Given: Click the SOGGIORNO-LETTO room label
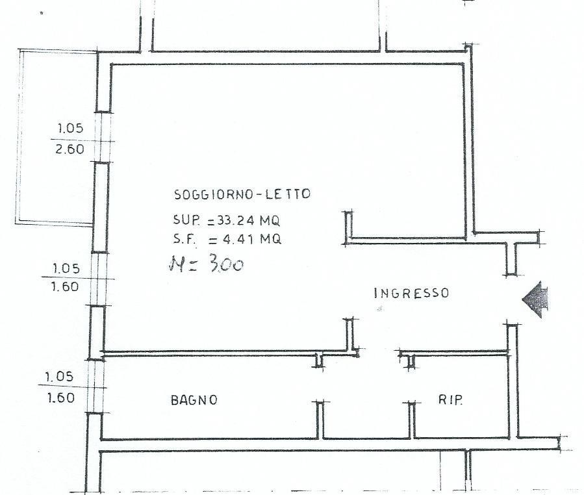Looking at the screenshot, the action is pos(242,194).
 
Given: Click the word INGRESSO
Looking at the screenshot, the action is pos(412,293).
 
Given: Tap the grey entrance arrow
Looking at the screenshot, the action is pos(535,299).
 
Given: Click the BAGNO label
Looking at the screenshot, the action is pos(194,400).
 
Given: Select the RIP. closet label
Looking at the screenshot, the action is pos(450,400).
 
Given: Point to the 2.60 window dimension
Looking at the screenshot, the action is pos(70,149).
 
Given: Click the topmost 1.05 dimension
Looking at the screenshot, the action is pos(70,128).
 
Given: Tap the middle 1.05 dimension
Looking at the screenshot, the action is pos(66,268).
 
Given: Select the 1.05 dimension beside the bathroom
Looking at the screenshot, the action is pos(60,377).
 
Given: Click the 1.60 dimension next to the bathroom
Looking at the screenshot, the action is pos(61,398).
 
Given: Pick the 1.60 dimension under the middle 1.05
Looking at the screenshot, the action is pos(65,286).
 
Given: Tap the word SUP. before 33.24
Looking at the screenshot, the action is pos(186,220).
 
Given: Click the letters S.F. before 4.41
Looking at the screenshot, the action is pos(184,239).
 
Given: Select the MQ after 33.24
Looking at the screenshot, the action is pos(270,220).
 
